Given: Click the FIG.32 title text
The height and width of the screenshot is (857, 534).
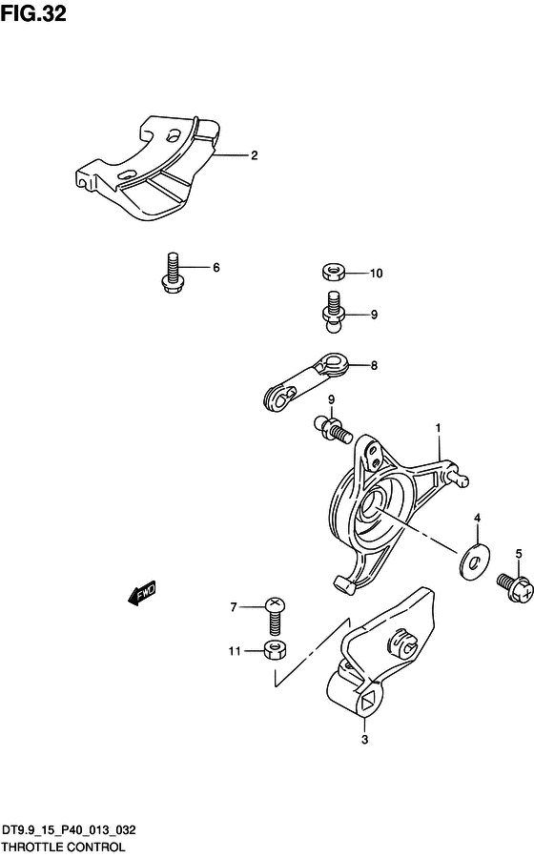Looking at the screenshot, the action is [x=33, y=13].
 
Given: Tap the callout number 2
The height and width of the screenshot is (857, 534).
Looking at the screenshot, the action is [x=255, y=155].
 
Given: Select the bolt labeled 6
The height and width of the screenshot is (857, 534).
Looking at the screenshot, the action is [x=172, y=273].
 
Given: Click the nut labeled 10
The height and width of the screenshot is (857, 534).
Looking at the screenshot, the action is [x=332, y=272].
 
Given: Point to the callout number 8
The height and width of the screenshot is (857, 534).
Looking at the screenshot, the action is [x=374, y=366].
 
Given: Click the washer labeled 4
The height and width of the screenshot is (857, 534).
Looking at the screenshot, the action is [x=474, y=561].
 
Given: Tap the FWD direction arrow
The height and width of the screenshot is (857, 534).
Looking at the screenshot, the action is [x=142, y=593].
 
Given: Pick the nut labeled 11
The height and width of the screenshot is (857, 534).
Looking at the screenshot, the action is [x=276, y=650].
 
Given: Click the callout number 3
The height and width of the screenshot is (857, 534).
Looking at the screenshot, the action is [x=364, y=740].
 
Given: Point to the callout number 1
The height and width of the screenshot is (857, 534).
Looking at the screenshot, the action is [x=438, y=428].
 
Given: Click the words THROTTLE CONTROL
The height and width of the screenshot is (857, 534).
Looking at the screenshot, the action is [x=63, y=847].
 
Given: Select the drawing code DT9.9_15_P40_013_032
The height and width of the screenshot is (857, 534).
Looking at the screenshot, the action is [x=69, y=830].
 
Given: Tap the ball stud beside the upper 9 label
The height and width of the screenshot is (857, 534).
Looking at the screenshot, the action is [x=332, y=312].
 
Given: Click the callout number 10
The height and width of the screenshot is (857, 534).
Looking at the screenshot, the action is [x=376, y=274].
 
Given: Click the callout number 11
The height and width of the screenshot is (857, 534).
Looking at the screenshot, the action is [x=235, y=651].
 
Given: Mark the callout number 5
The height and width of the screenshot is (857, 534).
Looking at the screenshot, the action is [x=519, y=554].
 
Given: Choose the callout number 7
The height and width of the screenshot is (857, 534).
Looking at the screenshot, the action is [x=234, y=607].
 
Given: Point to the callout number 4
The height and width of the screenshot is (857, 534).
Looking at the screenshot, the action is [x=477, y=519].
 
